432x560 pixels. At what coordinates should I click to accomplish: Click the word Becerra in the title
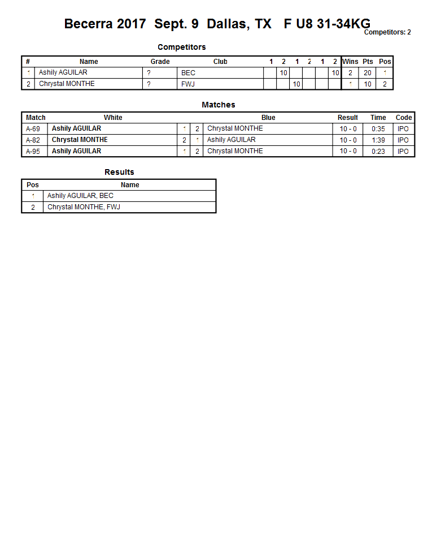pos(90,24)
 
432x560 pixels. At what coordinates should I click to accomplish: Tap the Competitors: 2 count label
pos(387,32)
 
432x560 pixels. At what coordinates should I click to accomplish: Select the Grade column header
pos(160,62)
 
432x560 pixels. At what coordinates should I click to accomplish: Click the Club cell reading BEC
pos(188,73)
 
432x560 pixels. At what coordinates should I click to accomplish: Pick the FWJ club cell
pos(188,84)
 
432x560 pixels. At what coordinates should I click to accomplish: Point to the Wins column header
pos(350,62)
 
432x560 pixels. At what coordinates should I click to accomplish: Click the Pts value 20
pos(368,73)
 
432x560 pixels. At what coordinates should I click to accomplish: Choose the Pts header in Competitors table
pos(368,62)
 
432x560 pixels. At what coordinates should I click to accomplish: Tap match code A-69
pos(33,129)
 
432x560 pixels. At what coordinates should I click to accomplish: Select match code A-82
pos(33,140)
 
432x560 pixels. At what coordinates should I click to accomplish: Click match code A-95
pos(33,151)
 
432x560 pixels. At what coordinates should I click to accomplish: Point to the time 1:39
pos(378,140)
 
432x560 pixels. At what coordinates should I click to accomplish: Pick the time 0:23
pos(378,151)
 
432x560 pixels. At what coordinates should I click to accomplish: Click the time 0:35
pos(378,129)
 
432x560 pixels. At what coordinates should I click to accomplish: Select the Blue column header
pos(268,118)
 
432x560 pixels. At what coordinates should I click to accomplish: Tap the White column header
pos(113,118)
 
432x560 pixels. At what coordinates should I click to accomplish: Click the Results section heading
pos(119,172)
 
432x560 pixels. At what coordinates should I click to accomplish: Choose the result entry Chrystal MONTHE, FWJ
pos(84,207)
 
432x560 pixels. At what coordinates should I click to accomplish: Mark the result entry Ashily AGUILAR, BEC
pos(80,196)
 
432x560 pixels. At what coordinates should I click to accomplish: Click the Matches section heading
pos(218,105)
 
